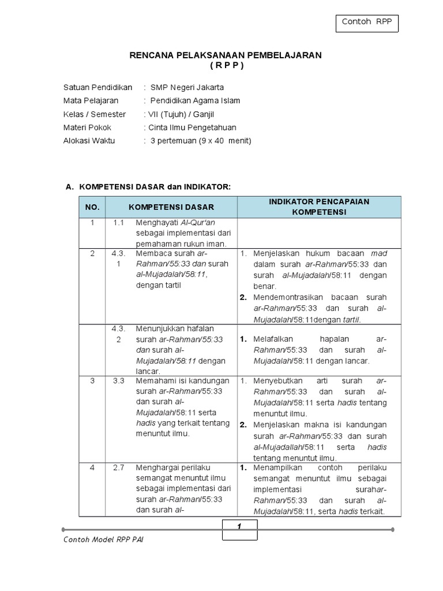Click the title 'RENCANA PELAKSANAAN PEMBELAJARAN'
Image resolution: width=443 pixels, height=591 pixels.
[x=225, y=55]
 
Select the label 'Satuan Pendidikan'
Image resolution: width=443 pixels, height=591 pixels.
[x=97, y=87]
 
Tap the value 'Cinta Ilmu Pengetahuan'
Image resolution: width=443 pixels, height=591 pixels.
[x=192, y=128]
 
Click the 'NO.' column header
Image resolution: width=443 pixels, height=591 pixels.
[x=92, y=207]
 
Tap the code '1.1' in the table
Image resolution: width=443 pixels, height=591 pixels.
[x=119, y=223]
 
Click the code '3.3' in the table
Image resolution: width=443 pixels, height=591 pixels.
[x=119, y=381]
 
